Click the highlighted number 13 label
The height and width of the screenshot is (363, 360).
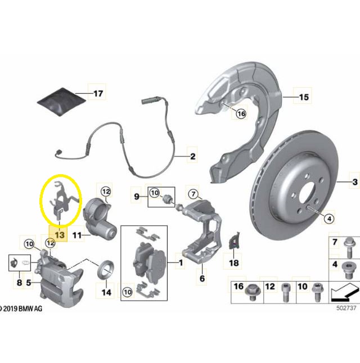(60, 235)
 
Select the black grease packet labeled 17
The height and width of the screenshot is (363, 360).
(61, 101)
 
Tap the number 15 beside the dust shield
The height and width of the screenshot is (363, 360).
(304, 97)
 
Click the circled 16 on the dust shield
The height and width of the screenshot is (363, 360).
(241, 114)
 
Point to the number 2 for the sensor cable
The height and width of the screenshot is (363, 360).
(192, 157)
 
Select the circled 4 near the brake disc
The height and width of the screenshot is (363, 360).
(329, 219)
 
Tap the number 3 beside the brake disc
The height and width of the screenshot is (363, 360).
(355, 182)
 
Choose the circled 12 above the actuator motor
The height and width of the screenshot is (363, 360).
(106, 192)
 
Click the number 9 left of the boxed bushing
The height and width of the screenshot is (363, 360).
(137, 197)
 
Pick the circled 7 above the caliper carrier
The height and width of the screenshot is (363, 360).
(193, 194)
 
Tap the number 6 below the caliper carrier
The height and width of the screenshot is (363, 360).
(202, 278)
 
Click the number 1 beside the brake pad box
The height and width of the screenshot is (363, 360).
(181, 263)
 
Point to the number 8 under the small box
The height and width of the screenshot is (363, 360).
(19, 283)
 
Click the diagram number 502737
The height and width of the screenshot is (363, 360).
(346, 308)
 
